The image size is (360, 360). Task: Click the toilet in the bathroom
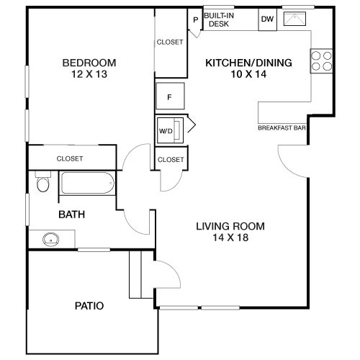pos(43,181)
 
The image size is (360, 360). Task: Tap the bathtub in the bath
pos(87,183)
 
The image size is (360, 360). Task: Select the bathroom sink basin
pos(50,239)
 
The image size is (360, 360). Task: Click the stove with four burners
pos(322,61)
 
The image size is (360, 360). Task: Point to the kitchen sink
pos(294,19)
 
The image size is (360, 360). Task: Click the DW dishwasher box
pos(268,19)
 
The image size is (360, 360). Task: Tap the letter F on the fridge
pos(169,97)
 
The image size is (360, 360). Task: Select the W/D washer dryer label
pos(166,131)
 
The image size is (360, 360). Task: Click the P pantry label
pos(196,19)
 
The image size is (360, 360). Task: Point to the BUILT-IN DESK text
pos(219,19)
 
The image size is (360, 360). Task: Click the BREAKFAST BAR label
pos(282,127)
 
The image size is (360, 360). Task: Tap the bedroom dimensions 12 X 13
pos(89,74)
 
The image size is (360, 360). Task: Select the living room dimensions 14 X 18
pos(230,238)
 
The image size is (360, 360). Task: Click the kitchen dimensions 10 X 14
pos(248,74)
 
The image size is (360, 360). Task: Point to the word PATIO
pos(89,306)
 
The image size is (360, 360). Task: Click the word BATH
pos(72,215)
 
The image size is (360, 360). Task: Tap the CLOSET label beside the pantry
pos(170,42)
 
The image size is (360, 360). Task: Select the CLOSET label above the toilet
pos(70,158)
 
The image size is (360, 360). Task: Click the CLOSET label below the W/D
pos(171,160)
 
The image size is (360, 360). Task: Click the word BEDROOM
pos(89,63)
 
